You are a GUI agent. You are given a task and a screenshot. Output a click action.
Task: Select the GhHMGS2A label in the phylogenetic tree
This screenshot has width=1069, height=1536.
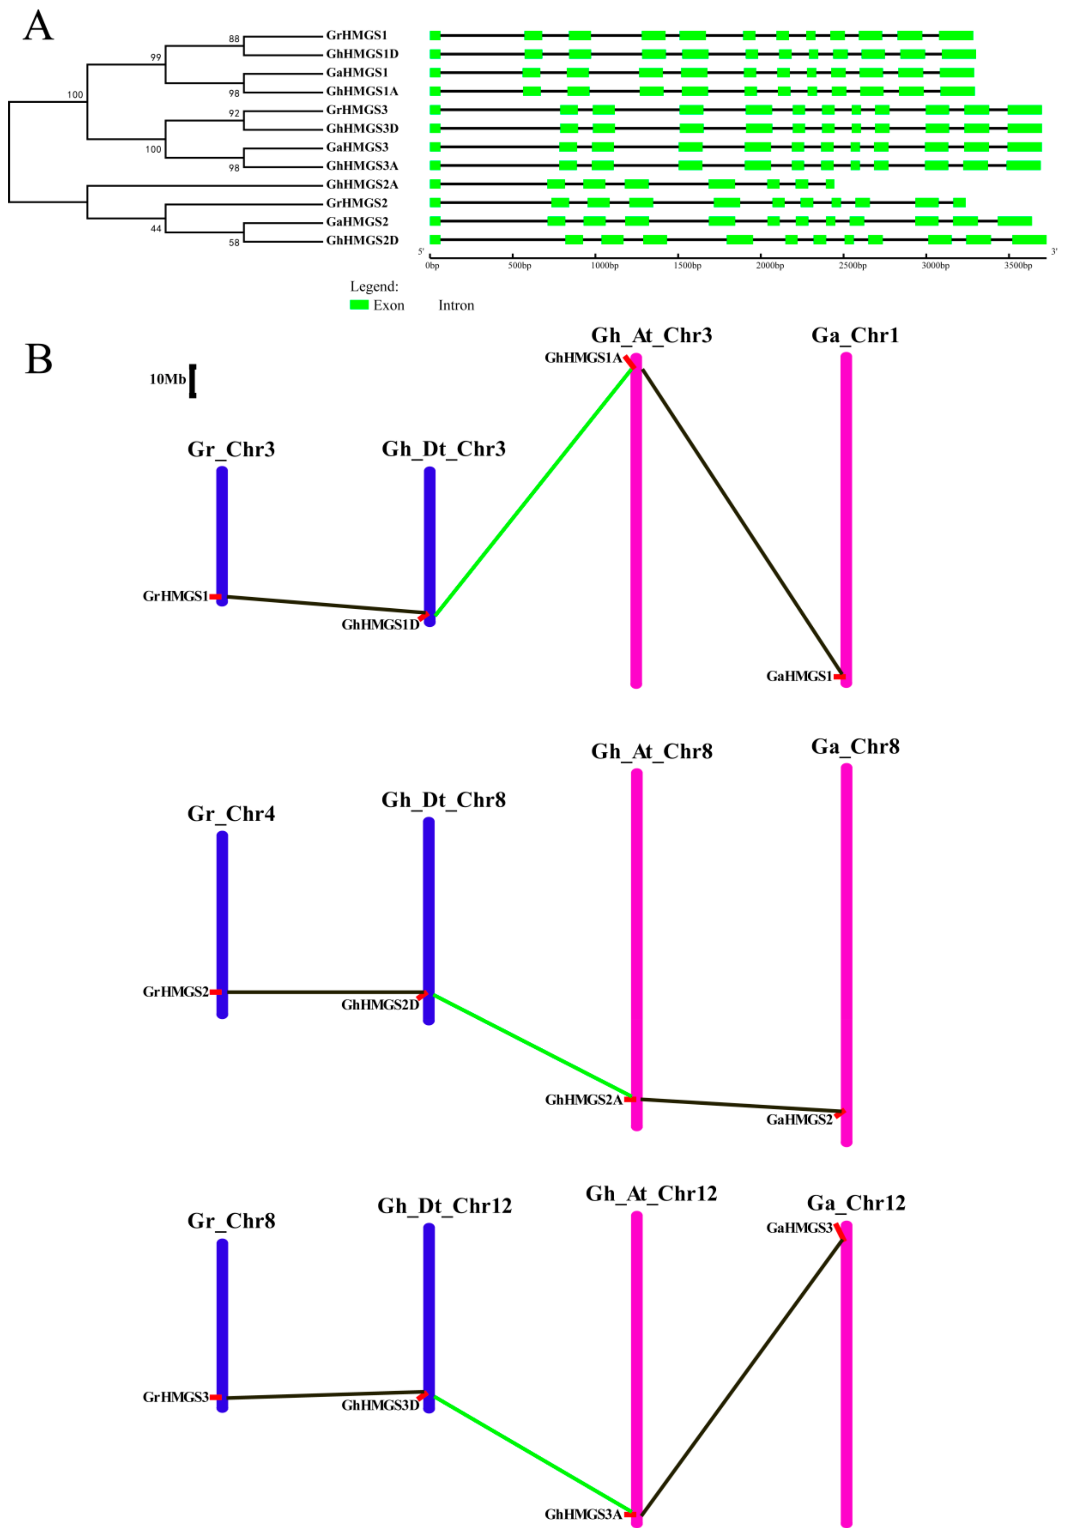pyautogui.click(x=361, y=185)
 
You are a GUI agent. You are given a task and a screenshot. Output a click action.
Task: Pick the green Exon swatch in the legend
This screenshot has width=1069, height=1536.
pyautogui.click(x=359, y=305)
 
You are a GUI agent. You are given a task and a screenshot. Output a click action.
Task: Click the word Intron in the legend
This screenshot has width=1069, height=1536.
pyautogui.click(x=456, y=306)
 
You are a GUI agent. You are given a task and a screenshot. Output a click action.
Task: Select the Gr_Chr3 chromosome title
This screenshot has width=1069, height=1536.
pyautogui.click(x=231, y=449)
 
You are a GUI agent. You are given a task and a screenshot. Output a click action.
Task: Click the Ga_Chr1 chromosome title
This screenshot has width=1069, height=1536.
pyautogui.click(x=855, y=336)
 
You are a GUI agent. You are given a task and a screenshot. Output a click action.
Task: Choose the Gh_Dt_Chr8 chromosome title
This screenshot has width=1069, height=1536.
pyautogui.click(x=443, y=800)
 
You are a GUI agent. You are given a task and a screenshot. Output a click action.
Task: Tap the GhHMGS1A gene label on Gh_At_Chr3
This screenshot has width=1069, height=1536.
pyautogui.click(x=583, y=358)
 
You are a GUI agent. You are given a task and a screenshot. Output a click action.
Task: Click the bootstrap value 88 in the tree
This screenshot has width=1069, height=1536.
pyautogui.click(x=234, y=39)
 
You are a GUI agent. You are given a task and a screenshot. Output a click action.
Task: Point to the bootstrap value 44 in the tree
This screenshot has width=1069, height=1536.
pyautogui.click(x=156, y=229)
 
